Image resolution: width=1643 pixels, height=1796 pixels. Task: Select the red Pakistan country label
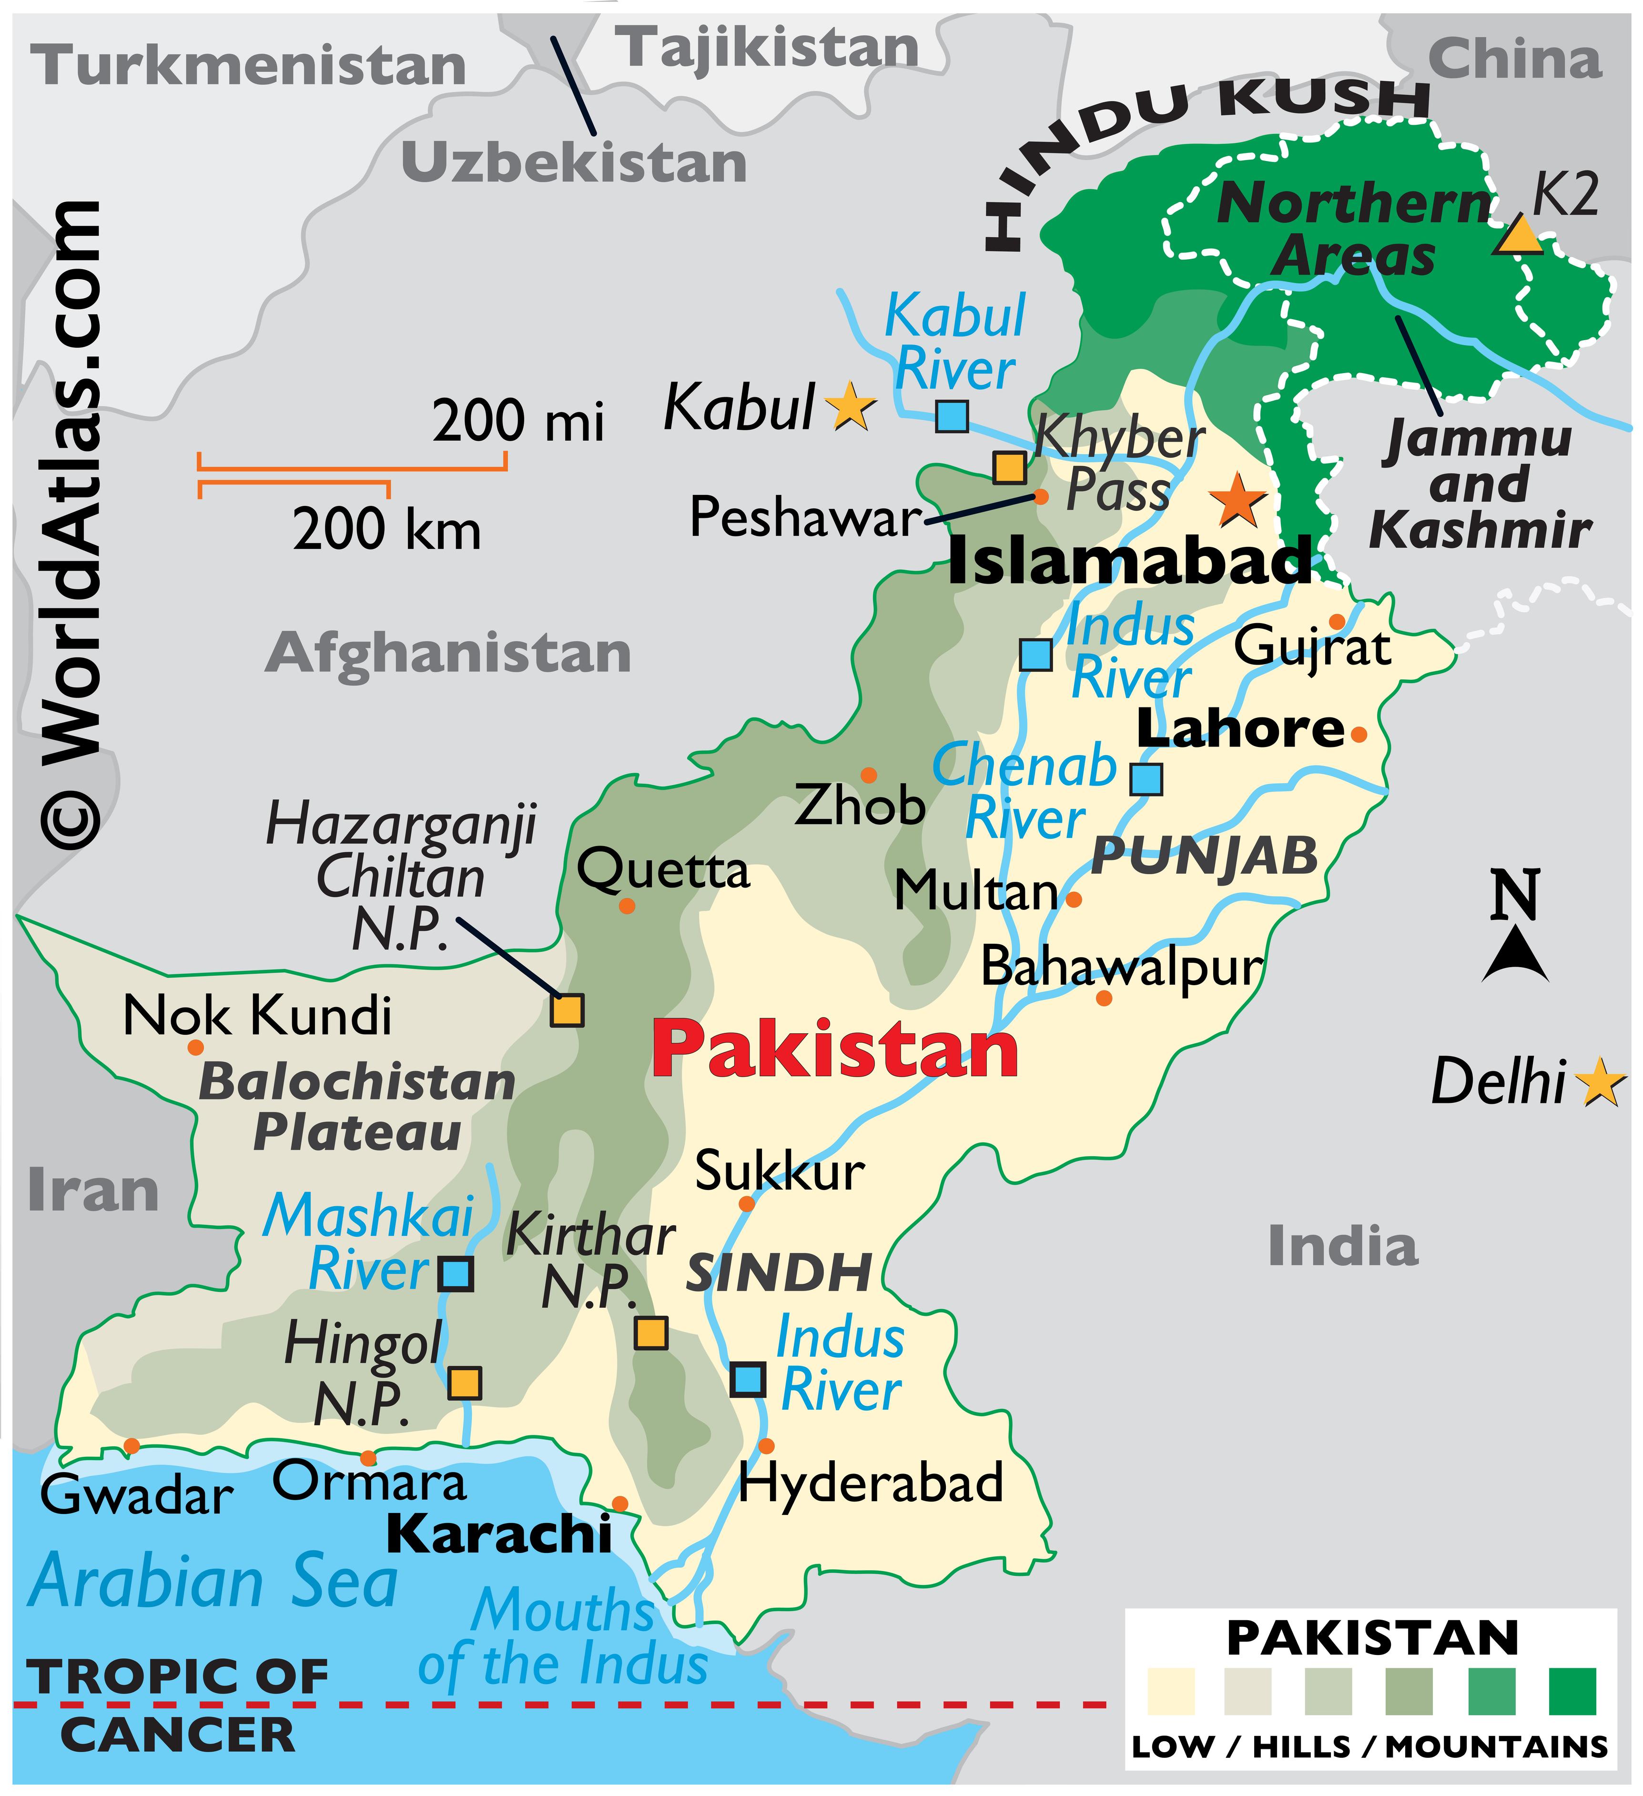click(x=835, y=1051)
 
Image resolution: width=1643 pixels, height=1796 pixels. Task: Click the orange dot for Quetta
click(x=627, y=906)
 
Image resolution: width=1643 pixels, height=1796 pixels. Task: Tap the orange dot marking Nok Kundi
click(x=195, y=1048)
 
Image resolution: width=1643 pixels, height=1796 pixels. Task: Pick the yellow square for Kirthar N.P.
click(x=650, y=1333)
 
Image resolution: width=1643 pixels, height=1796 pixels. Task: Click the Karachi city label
click(x=499, y=1534)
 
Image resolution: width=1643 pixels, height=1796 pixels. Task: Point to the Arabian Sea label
click(x=214, y=1582)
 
